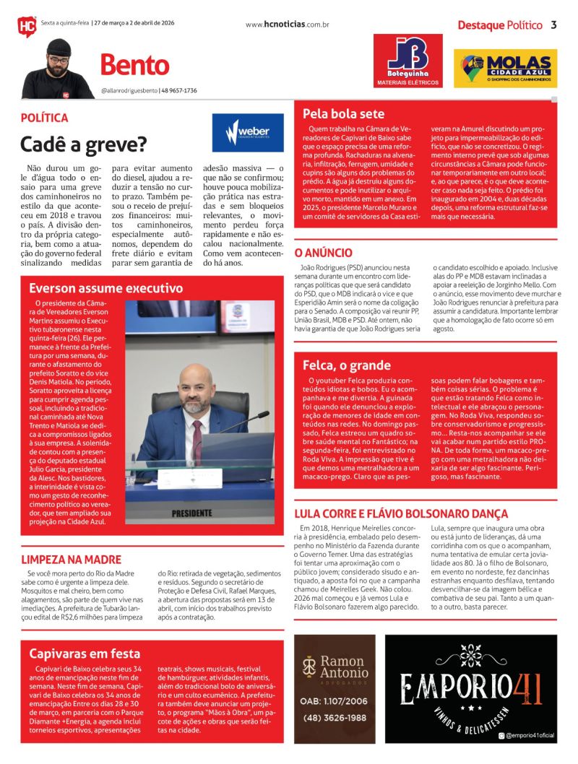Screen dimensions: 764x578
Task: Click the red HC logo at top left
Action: tap(27, 27)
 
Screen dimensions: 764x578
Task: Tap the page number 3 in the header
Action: tap(553, 25)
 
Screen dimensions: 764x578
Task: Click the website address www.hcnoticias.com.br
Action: tap(287, 25)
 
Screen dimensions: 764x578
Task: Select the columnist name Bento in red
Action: tap(134, 66)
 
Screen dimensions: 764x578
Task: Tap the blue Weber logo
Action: tap(248, 132)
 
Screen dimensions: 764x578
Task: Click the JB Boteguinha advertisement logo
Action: tap(407, 61)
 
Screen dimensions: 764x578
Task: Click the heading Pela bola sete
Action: tap(344, 114)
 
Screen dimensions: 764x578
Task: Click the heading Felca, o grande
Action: tap(347, 365)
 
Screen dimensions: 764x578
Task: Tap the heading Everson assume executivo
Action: tap(106, 288)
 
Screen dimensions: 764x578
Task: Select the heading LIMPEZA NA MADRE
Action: tap(71, 560)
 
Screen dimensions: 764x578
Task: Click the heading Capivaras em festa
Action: tap(85, 654)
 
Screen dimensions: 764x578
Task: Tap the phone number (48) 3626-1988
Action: tap(334, 718)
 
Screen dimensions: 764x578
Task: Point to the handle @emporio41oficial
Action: tap(529, 735)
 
